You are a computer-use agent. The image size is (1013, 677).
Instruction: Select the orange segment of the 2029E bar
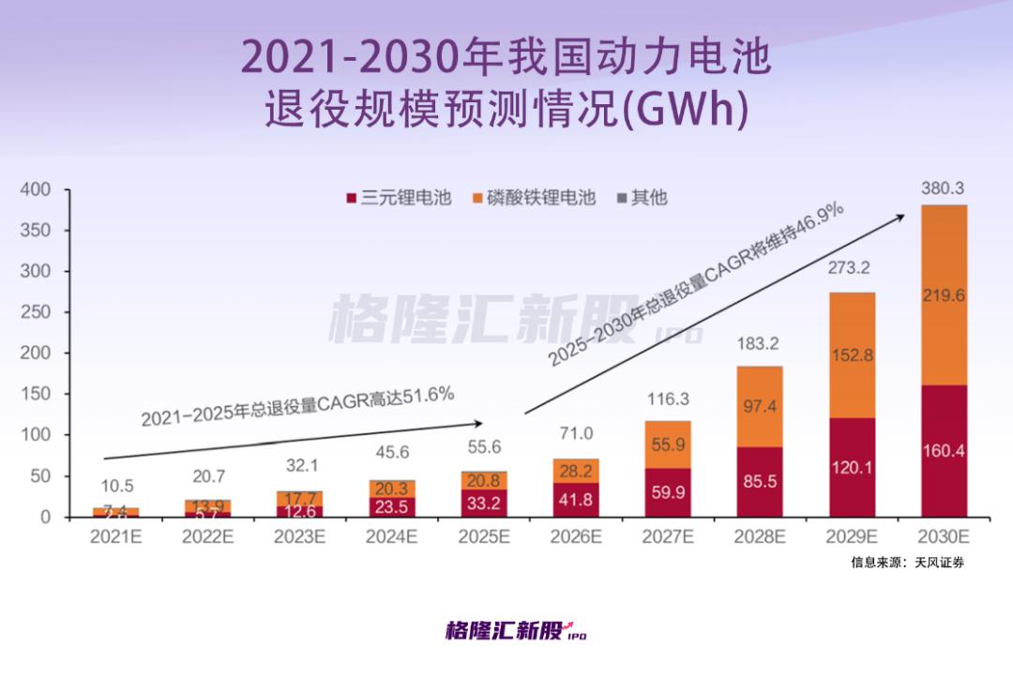click(851, 355)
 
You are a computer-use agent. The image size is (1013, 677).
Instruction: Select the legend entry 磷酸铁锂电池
click(534, 198)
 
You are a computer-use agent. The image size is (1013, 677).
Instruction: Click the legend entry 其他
click(642, 198)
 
